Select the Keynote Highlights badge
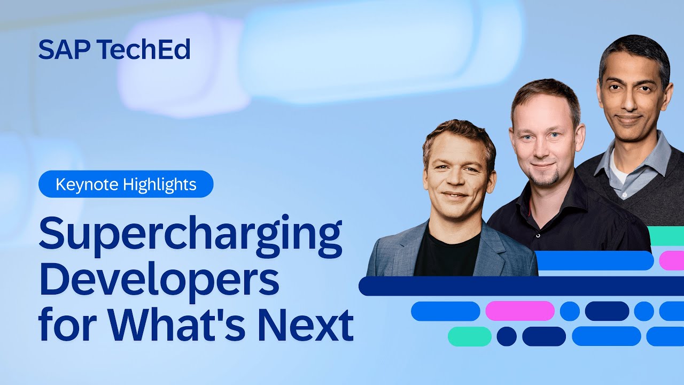tap(126, 185)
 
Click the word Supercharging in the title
tap(190, 236)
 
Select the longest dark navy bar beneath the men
tap(521, 286)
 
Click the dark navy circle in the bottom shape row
tap(507, 336)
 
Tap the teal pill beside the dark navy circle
tap(469, 336)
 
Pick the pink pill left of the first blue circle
tap(520, 311)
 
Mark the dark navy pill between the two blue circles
tap(607, 311)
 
